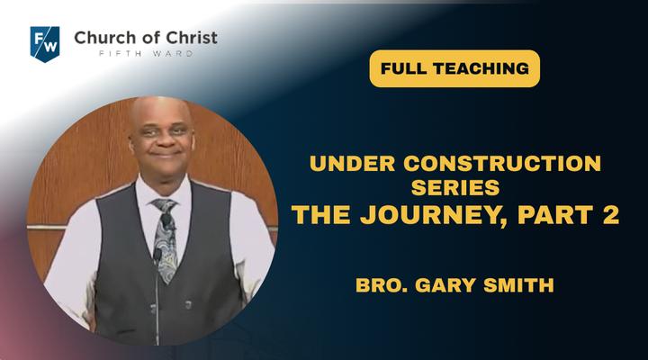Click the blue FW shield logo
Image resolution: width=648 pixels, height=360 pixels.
pos(45,44)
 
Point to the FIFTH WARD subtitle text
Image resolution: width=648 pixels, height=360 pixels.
pos(146,54)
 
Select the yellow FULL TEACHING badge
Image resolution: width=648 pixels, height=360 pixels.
pos(454,68)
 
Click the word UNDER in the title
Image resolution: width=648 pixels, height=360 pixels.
pos(352,163)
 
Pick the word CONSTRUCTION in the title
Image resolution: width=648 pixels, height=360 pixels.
pos(502,163)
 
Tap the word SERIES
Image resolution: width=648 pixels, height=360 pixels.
pos(455,187)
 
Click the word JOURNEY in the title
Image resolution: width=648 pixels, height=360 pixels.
pos(431,215)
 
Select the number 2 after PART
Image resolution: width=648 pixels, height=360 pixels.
pos(611,214)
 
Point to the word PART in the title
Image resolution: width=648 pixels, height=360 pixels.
pos(554,214)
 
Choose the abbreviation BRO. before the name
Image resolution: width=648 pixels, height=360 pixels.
pos(382,285)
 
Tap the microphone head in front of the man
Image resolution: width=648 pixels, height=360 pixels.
pos(157,254)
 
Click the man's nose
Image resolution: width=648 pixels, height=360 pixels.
pos(163,140)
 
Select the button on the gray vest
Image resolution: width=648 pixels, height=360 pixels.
pos(187,305)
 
